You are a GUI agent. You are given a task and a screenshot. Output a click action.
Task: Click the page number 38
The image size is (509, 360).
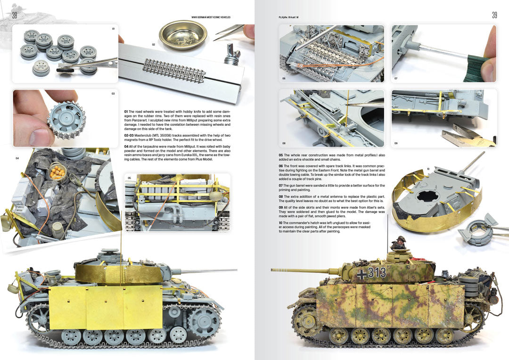click(x=15, y=16)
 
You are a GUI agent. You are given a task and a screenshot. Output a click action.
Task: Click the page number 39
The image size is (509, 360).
click(x=494, y=16)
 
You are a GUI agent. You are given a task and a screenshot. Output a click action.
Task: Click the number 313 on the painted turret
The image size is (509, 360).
click(x=377, y=272)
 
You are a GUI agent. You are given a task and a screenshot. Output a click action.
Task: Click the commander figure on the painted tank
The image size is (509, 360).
click(x=399, y=244)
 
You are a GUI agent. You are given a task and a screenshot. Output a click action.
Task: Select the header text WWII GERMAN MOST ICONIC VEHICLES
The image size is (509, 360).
click(x=211, y=17)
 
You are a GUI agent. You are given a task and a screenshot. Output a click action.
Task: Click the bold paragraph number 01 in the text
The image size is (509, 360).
click(x=125, y=111)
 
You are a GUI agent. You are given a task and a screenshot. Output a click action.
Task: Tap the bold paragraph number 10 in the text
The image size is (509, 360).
click(x=280, y=223)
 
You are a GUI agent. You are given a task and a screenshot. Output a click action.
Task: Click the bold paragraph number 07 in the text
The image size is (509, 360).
click(x=280, y=186)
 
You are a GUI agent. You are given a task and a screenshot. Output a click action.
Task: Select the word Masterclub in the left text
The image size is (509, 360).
click(x=139, y=135)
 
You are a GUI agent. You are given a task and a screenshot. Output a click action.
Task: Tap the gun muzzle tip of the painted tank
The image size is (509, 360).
click(x=273, y=270)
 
